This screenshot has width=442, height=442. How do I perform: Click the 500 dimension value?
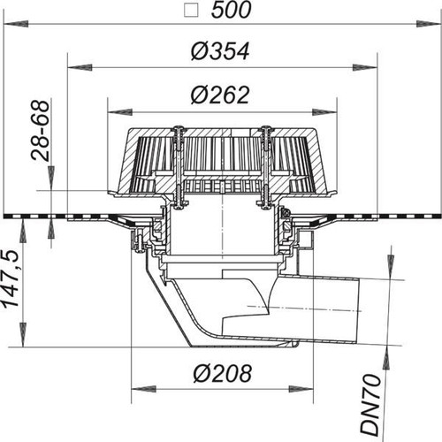[x=232, y=10]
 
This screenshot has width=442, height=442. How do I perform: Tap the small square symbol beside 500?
[x=191, y=11]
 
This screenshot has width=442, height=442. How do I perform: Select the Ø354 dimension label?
[x=220, y=51]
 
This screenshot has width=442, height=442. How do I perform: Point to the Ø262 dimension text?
[x=220, y=95]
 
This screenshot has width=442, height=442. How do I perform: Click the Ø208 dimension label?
[x=223, y=373]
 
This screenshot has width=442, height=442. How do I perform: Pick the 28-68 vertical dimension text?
[x=41, y=131]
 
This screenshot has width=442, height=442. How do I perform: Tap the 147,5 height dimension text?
[x=11, y=279]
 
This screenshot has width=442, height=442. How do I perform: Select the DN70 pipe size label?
[x=370, y=405]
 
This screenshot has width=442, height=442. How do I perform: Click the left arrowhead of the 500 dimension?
[x=16, y=24]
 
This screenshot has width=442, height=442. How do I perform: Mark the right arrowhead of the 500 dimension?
[x=429, y=24]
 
